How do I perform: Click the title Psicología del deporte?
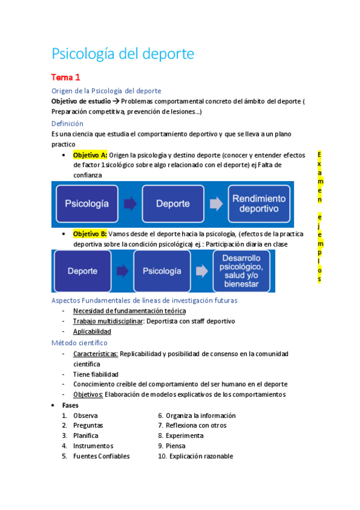coord(123,54)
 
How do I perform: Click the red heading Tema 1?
coord(66,78)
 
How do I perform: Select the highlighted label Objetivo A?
coord(90,155)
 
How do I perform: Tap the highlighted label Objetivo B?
coord(90,233)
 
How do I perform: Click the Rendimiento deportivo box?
coord(259,203)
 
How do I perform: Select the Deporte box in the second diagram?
coord(83,271)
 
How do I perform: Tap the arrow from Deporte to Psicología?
coord(123,271)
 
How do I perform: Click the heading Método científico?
coord(79,343)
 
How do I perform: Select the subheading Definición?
coord(67,123)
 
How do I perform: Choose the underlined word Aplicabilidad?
coord(92,331)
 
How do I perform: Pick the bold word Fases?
coord(70,405)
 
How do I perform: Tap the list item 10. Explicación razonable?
coord(195,456)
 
